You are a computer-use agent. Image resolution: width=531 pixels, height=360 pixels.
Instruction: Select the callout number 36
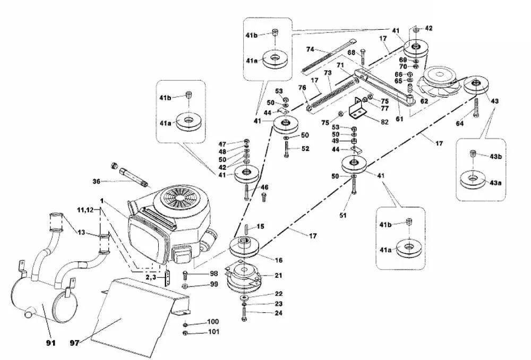[x=96, y=182]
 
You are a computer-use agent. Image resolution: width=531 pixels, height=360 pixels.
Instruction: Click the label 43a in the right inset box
[x=495, y=183]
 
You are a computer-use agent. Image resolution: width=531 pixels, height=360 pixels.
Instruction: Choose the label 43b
[x=495, y=156]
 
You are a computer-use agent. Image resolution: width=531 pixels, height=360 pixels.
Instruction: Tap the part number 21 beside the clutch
[x=278, y=275]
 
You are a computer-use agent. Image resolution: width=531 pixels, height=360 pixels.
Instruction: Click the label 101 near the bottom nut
[x=213, y=333]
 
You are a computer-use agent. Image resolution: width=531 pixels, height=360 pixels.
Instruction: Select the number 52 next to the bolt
[x=305, y=149]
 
